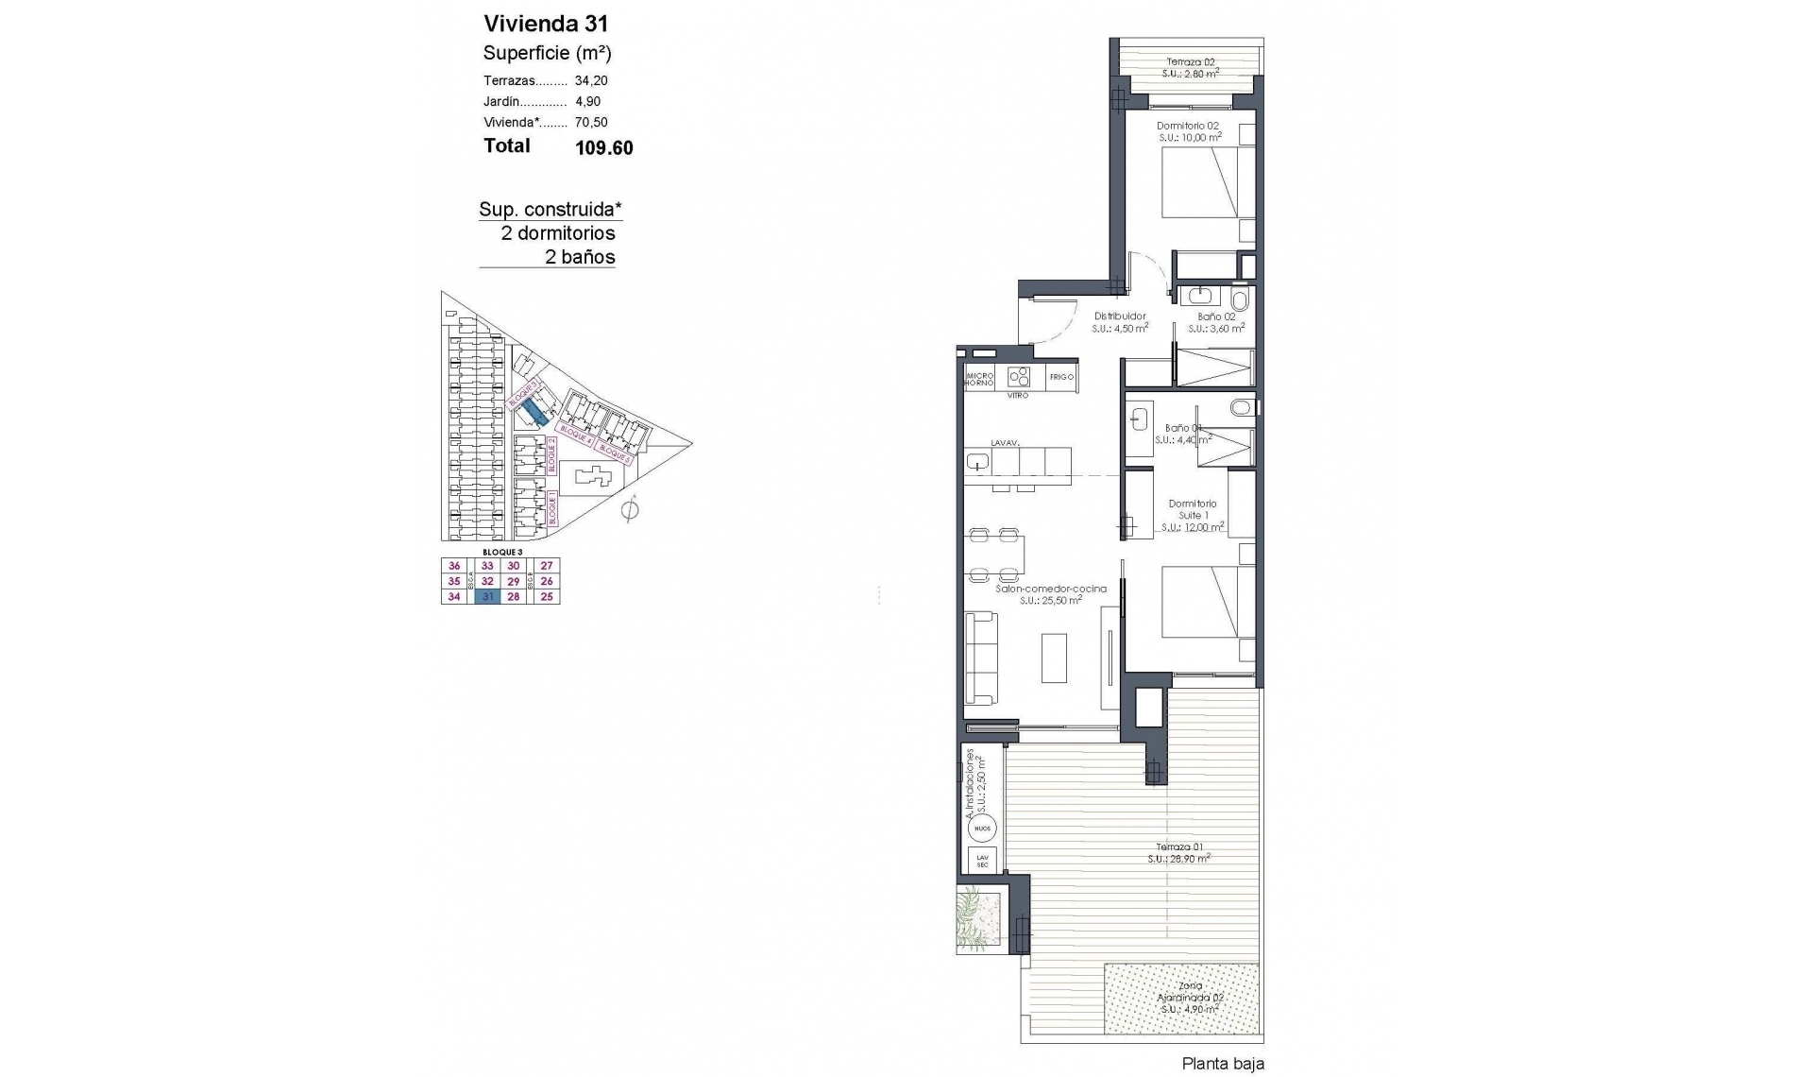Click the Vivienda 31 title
[546, 24]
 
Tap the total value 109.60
[603, 147]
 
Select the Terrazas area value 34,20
[591, 81]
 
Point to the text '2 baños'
[580, 257]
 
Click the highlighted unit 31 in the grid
[487, 597]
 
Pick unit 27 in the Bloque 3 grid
[547, 566]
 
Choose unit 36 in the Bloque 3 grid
[454, 566]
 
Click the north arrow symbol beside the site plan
[630, 511]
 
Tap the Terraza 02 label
[1190, 63]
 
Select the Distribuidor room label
[1120, 316]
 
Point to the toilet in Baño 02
[1240, 300]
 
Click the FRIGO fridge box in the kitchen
[1061, 377]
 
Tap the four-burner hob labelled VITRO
[1018, 377]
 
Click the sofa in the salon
[981, 658]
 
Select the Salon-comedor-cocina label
[1050, 589]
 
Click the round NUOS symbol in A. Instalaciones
[982, 829]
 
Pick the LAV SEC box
[982, 861]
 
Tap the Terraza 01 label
[1178, 847]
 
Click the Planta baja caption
[1222, 1064]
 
